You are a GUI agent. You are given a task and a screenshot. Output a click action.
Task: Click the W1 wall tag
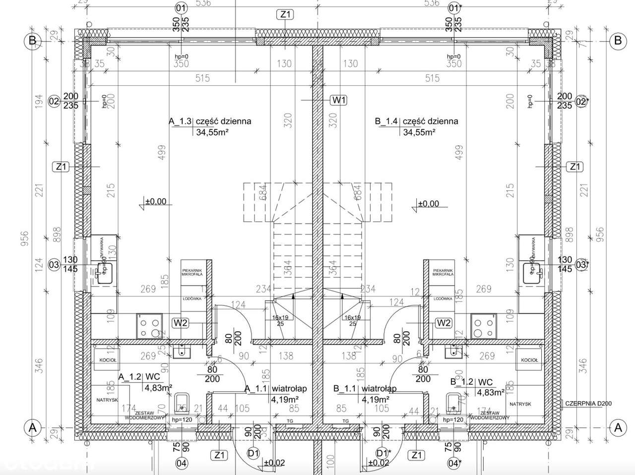click(x=339, y=100)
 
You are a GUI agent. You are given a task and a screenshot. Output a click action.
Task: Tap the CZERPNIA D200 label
click(x=588, y=404)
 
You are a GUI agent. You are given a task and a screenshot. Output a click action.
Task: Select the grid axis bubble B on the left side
click(x=32, y=41)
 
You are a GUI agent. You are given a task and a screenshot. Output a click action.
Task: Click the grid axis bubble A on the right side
click(x=618, y=427)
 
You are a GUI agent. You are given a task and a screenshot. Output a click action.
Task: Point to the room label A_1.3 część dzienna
click(x=210, y=121)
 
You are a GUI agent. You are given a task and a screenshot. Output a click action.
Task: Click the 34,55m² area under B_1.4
click(x=419, y=132)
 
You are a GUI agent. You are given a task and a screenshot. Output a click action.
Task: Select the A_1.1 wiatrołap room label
click(x=276, y=389)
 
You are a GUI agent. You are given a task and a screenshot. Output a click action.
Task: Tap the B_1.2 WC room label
click(x=471, y=382)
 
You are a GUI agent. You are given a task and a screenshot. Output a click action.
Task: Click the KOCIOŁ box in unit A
click(x=108, y=360)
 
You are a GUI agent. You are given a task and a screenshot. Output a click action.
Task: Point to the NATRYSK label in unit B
click(x=520, y=404)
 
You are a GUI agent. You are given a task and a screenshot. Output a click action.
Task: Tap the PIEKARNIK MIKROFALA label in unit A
click(x=190, y=272)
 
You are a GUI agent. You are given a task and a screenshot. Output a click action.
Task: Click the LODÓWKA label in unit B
click(x=442, y=298)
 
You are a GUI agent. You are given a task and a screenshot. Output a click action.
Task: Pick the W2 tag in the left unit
click(x=181, y=323)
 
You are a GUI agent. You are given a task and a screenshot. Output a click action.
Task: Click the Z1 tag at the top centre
click(x=285, y=14)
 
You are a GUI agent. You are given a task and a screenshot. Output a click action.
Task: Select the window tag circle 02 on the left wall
click(x=54, y=102)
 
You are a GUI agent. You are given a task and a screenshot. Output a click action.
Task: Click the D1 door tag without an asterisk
click(x=254, y=453)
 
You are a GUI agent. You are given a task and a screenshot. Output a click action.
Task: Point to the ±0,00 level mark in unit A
click(x=156, y=202)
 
